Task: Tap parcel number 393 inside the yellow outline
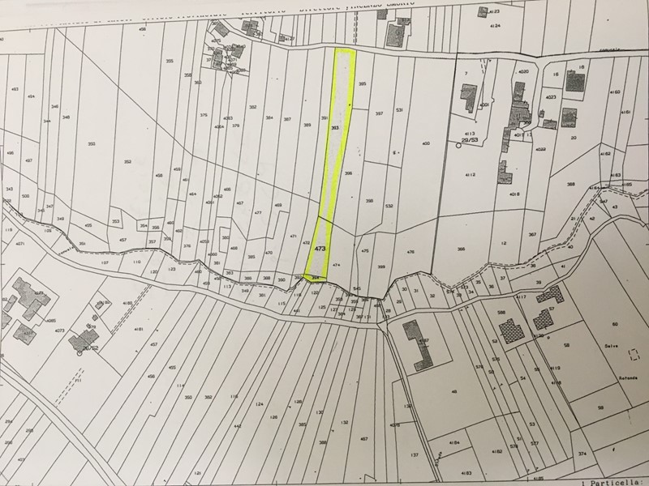tap(334, 127)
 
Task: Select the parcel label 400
tap(425, 143)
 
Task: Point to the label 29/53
tap(469, 140)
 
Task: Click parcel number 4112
tap(469, 175)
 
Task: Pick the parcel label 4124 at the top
tap(496, 26)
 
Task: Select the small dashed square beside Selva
tap(635, 354)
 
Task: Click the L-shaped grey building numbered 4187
tap(420, 343)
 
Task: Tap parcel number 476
tap(410, 252)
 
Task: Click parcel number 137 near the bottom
tap(414, 455)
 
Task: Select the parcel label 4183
tap(466, 471)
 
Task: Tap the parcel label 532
tap(389, 207)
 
